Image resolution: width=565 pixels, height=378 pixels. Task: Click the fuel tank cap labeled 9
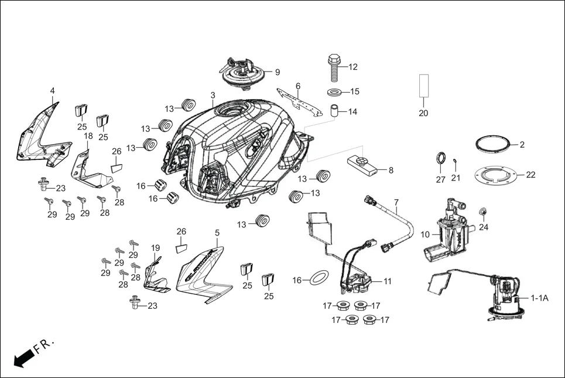242,73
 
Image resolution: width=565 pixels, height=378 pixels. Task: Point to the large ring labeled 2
492,144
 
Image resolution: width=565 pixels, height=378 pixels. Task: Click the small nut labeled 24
483,211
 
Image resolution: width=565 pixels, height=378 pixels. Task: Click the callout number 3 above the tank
213,95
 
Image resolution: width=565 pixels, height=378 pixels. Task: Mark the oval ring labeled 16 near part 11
317,277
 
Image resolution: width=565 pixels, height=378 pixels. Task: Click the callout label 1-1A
539,298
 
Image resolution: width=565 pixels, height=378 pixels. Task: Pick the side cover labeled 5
205,273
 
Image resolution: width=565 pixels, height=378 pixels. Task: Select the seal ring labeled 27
441,159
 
